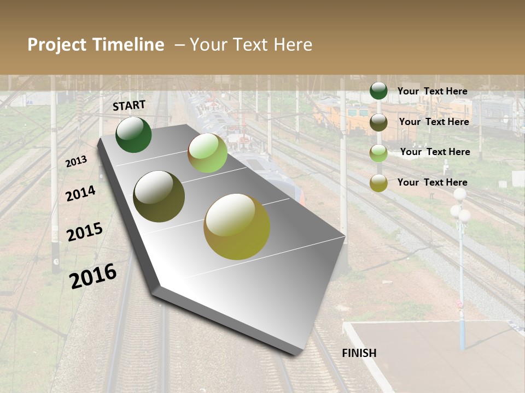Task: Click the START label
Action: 129,105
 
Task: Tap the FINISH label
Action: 359,353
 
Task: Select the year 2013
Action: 76,162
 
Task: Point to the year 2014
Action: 80,194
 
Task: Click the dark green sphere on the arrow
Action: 133,135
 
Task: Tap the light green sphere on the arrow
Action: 207,153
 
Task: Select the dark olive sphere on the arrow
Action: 159,196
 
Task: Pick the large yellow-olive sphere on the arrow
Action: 237,227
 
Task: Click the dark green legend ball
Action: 378,91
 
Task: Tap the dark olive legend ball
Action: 378,122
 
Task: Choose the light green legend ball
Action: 378,153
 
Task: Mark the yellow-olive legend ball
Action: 378,183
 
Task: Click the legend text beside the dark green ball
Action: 432,91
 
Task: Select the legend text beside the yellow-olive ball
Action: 432,182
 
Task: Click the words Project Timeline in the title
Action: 96,45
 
